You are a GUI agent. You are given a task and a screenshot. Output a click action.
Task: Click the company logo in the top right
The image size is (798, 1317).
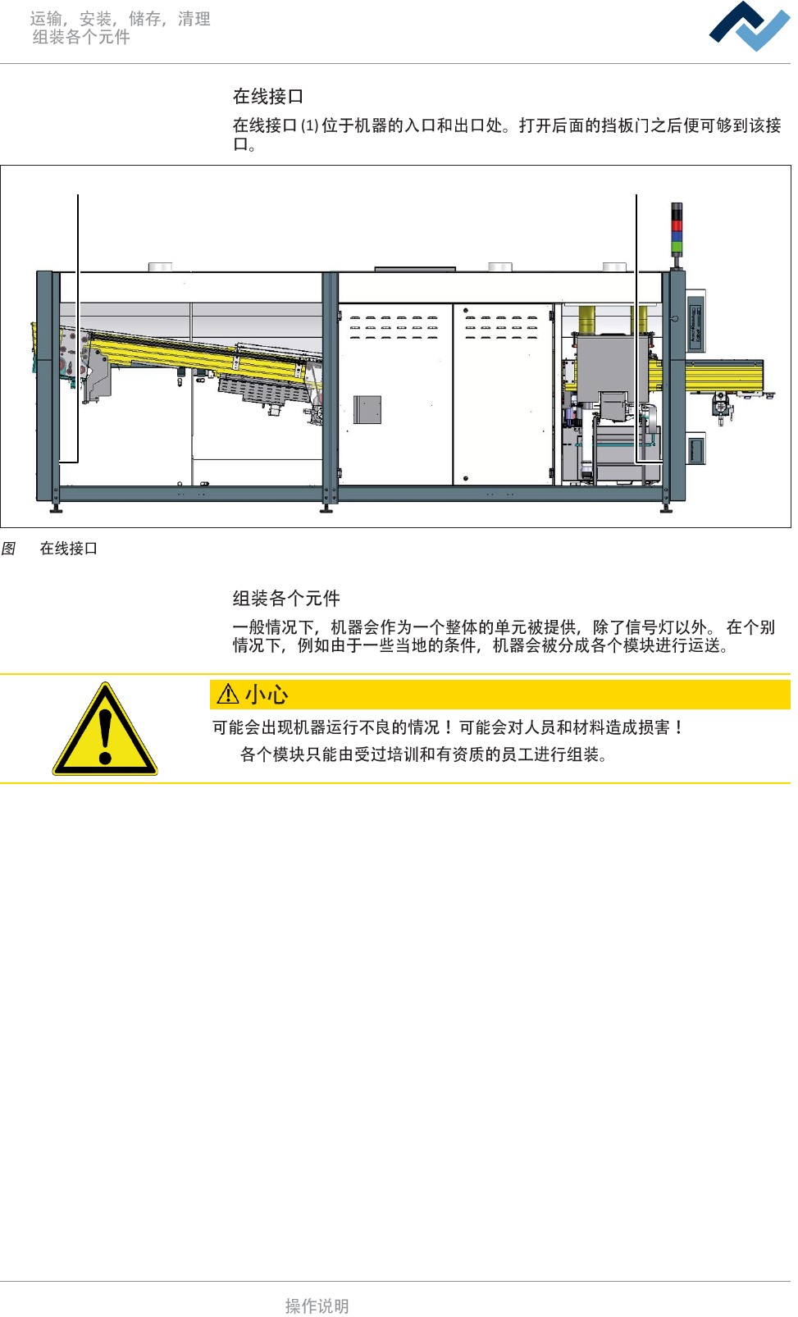tap(749, 26)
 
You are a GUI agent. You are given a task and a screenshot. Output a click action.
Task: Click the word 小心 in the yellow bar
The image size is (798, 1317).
tap(267, 695)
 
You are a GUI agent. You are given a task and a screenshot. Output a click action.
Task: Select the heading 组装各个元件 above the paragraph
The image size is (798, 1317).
tap(286, 599)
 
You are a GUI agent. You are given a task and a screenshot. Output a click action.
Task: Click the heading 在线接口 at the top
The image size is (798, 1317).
tap(268, 97)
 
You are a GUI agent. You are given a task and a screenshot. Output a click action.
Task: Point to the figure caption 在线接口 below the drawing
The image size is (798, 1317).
tap(69, 549)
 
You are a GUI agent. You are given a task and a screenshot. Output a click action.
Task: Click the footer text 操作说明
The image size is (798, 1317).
tap(317, 1306)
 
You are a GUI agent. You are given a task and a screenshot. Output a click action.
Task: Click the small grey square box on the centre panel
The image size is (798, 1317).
tap(367, 409)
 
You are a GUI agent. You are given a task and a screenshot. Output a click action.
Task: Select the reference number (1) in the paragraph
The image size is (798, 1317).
tap(309, 126)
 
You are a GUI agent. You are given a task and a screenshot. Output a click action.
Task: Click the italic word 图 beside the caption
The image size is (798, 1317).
tap(9, 549)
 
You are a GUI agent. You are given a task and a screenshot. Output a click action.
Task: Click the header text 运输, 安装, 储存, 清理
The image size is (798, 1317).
tap(121, 19)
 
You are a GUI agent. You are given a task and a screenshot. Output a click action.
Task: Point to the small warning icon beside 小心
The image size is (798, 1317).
tap(227, 695)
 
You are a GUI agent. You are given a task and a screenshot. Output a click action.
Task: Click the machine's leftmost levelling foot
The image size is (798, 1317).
tap(56, 507)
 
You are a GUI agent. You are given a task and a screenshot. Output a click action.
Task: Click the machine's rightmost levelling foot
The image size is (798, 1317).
tap(666, 507)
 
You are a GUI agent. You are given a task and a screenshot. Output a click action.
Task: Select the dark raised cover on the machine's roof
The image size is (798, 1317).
tap(415, 269)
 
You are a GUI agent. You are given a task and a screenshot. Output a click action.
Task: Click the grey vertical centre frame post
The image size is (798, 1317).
tap(331, 385)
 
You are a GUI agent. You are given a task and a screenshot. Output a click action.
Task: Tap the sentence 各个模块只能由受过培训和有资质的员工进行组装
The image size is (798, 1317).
tap(423, 754)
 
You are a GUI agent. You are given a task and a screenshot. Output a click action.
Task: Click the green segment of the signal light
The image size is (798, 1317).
tap(677, 246)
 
